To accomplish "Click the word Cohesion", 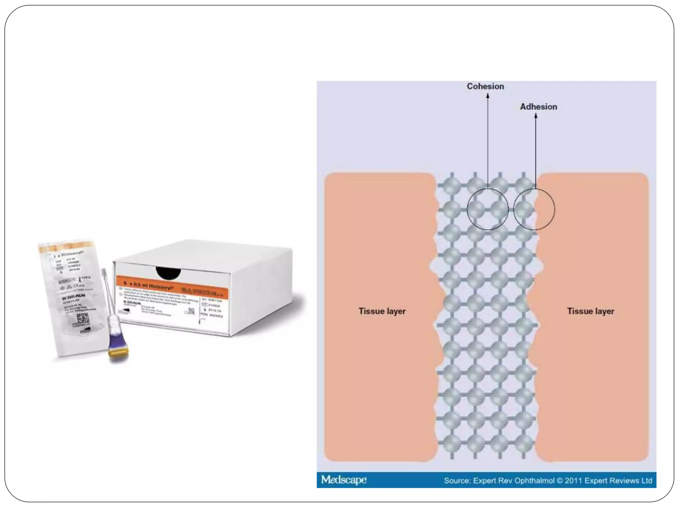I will pos(485,86).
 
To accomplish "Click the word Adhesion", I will pos(538,107).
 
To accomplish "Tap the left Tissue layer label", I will pos(382,311).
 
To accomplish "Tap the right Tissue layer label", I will pos(590,311).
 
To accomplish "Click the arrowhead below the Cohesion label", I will pos(488,96).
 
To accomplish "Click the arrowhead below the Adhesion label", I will pos(536,116).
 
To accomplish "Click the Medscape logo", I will pos(344,480).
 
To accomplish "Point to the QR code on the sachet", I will pos(83,319).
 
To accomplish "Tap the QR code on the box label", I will pos(191,311).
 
